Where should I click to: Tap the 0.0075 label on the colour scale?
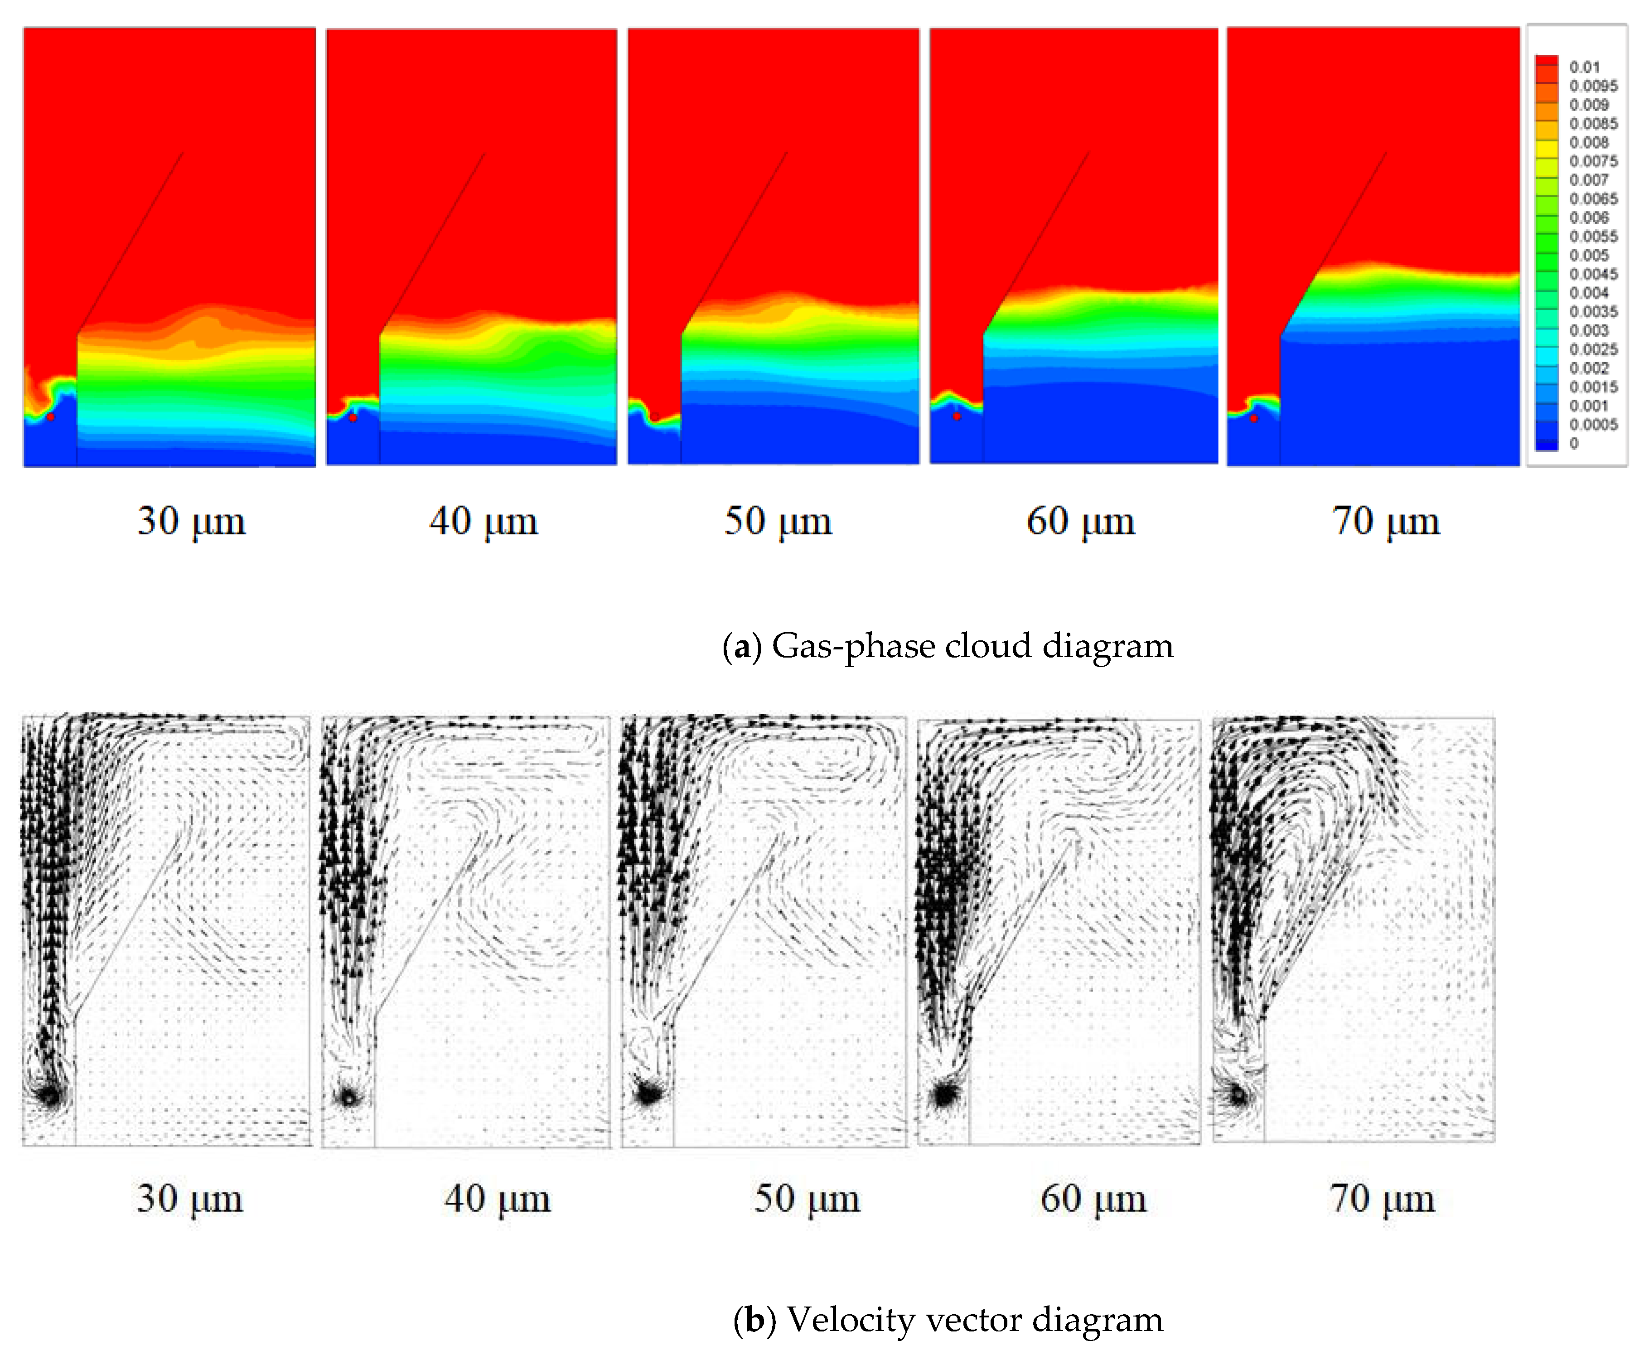[1593, 161]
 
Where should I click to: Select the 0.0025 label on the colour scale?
[1593, 349]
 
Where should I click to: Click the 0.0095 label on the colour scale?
[1593, 86]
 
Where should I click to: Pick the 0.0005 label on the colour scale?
[1593, 425]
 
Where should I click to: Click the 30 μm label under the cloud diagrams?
[191, 522]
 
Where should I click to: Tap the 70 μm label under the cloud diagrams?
[1386, 522]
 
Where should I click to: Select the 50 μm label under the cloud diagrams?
[777, 522]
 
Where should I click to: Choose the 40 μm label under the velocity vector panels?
[497, 1199]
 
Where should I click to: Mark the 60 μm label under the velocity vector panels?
[1093, 1199]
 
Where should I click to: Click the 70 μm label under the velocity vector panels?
[1382, 1199]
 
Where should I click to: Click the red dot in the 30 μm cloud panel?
[51, 417]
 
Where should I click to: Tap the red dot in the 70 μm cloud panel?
[1253, 418]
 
